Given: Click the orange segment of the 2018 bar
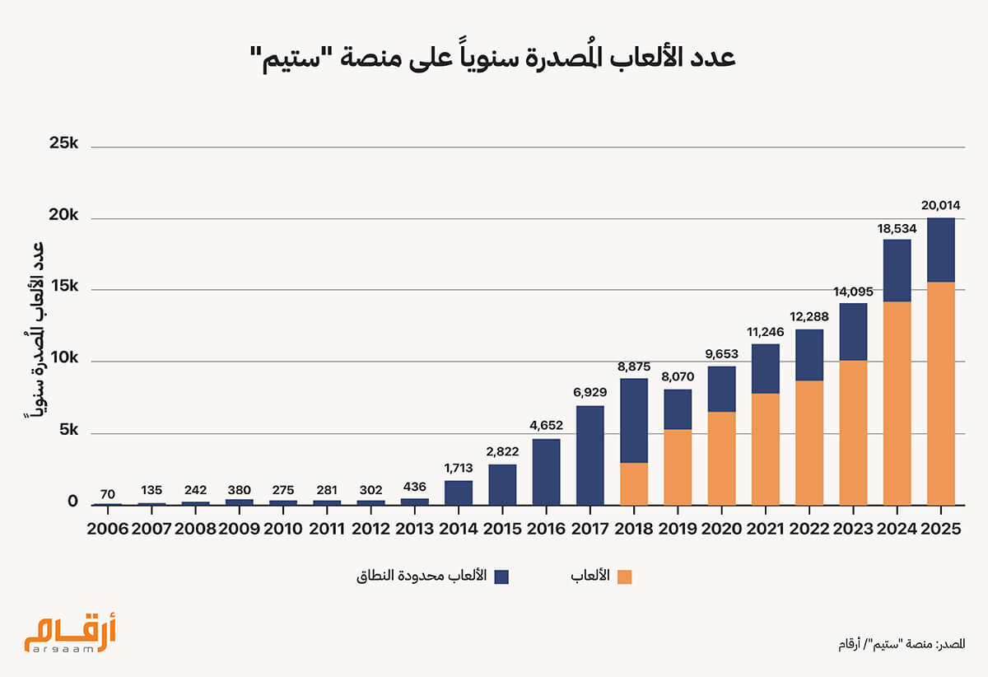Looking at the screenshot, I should coord(634,483).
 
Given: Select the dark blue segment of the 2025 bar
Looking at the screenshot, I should coord(941,250).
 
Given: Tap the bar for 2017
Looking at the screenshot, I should coord(590,455).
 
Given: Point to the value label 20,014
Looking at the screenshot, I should coord(940,205).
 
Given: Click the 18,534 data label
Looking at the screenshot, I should coord(897,226).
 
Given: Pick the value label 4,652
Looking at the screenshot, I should coord(546,426).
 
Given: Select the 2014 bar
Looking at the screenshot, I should coord(459,493).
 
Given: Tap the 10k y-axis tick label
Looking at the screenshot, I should coord(63,359).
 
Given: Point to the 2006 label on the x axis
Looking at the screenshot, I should coord(106,529).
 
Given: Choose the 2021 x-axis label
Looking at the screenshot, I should coord(765,529).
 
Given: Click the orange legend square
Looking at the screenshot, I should coord(624,577).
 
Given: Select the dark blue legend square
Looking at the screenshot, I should coord(501,577).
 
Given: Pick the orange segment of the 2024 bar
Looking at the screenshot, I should coord(897,404).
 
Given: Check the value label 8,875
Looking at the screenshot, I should coord(634,365).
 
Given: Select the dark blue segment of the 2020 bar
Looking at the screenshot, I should coord(721,389).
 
